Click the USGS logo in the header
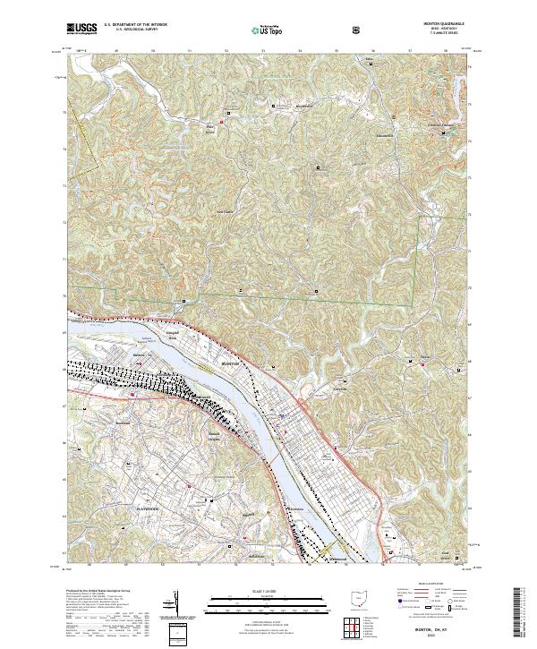(81, 29)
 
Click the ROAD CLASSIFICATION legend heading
(426, 583)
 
